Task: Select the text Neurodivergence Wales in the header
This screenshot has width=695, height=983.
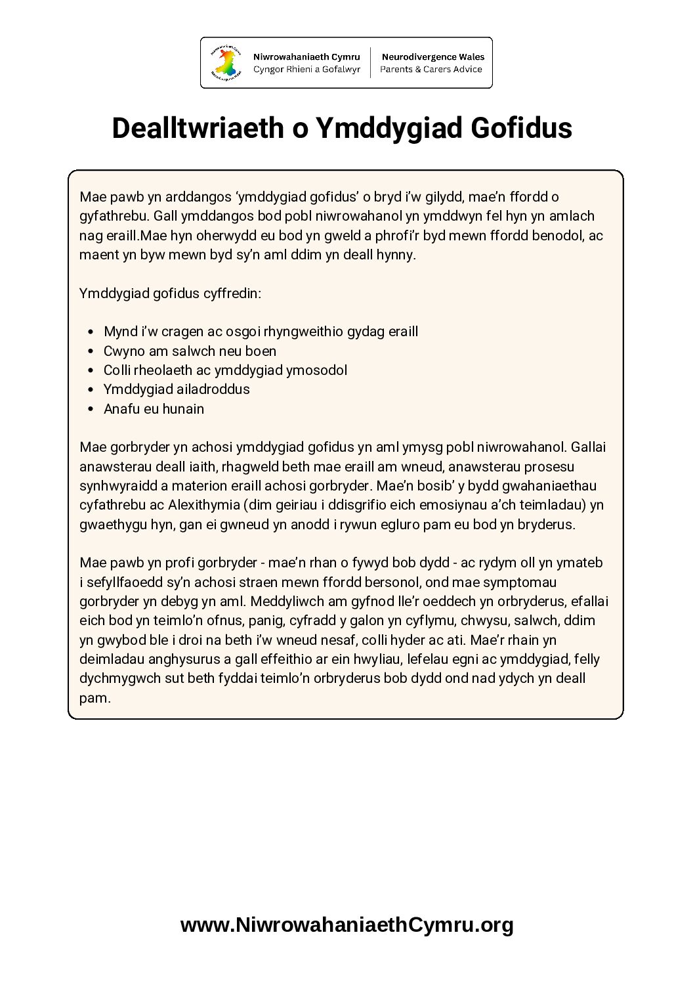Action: tap(432, 57)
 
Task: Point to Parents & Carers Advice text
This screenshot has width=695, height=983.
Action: tap(431, 70)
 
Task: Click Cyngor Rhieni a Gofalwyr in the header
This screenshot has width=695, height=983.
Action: tap(306, 70)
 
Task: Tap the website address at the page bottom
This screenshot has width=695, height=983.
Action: tap(347, 925)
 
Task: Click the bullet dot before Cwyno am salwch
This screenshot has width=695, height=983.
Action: tap(91, 351)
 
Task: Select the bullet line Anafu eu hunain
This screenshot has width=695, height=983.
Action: tap(154, 409)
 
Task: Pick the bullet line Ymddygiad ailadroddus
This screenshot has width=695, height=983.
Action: tap(177, 389)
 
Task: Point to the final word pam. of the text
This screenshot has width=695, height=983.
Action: tap(95, 698)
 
